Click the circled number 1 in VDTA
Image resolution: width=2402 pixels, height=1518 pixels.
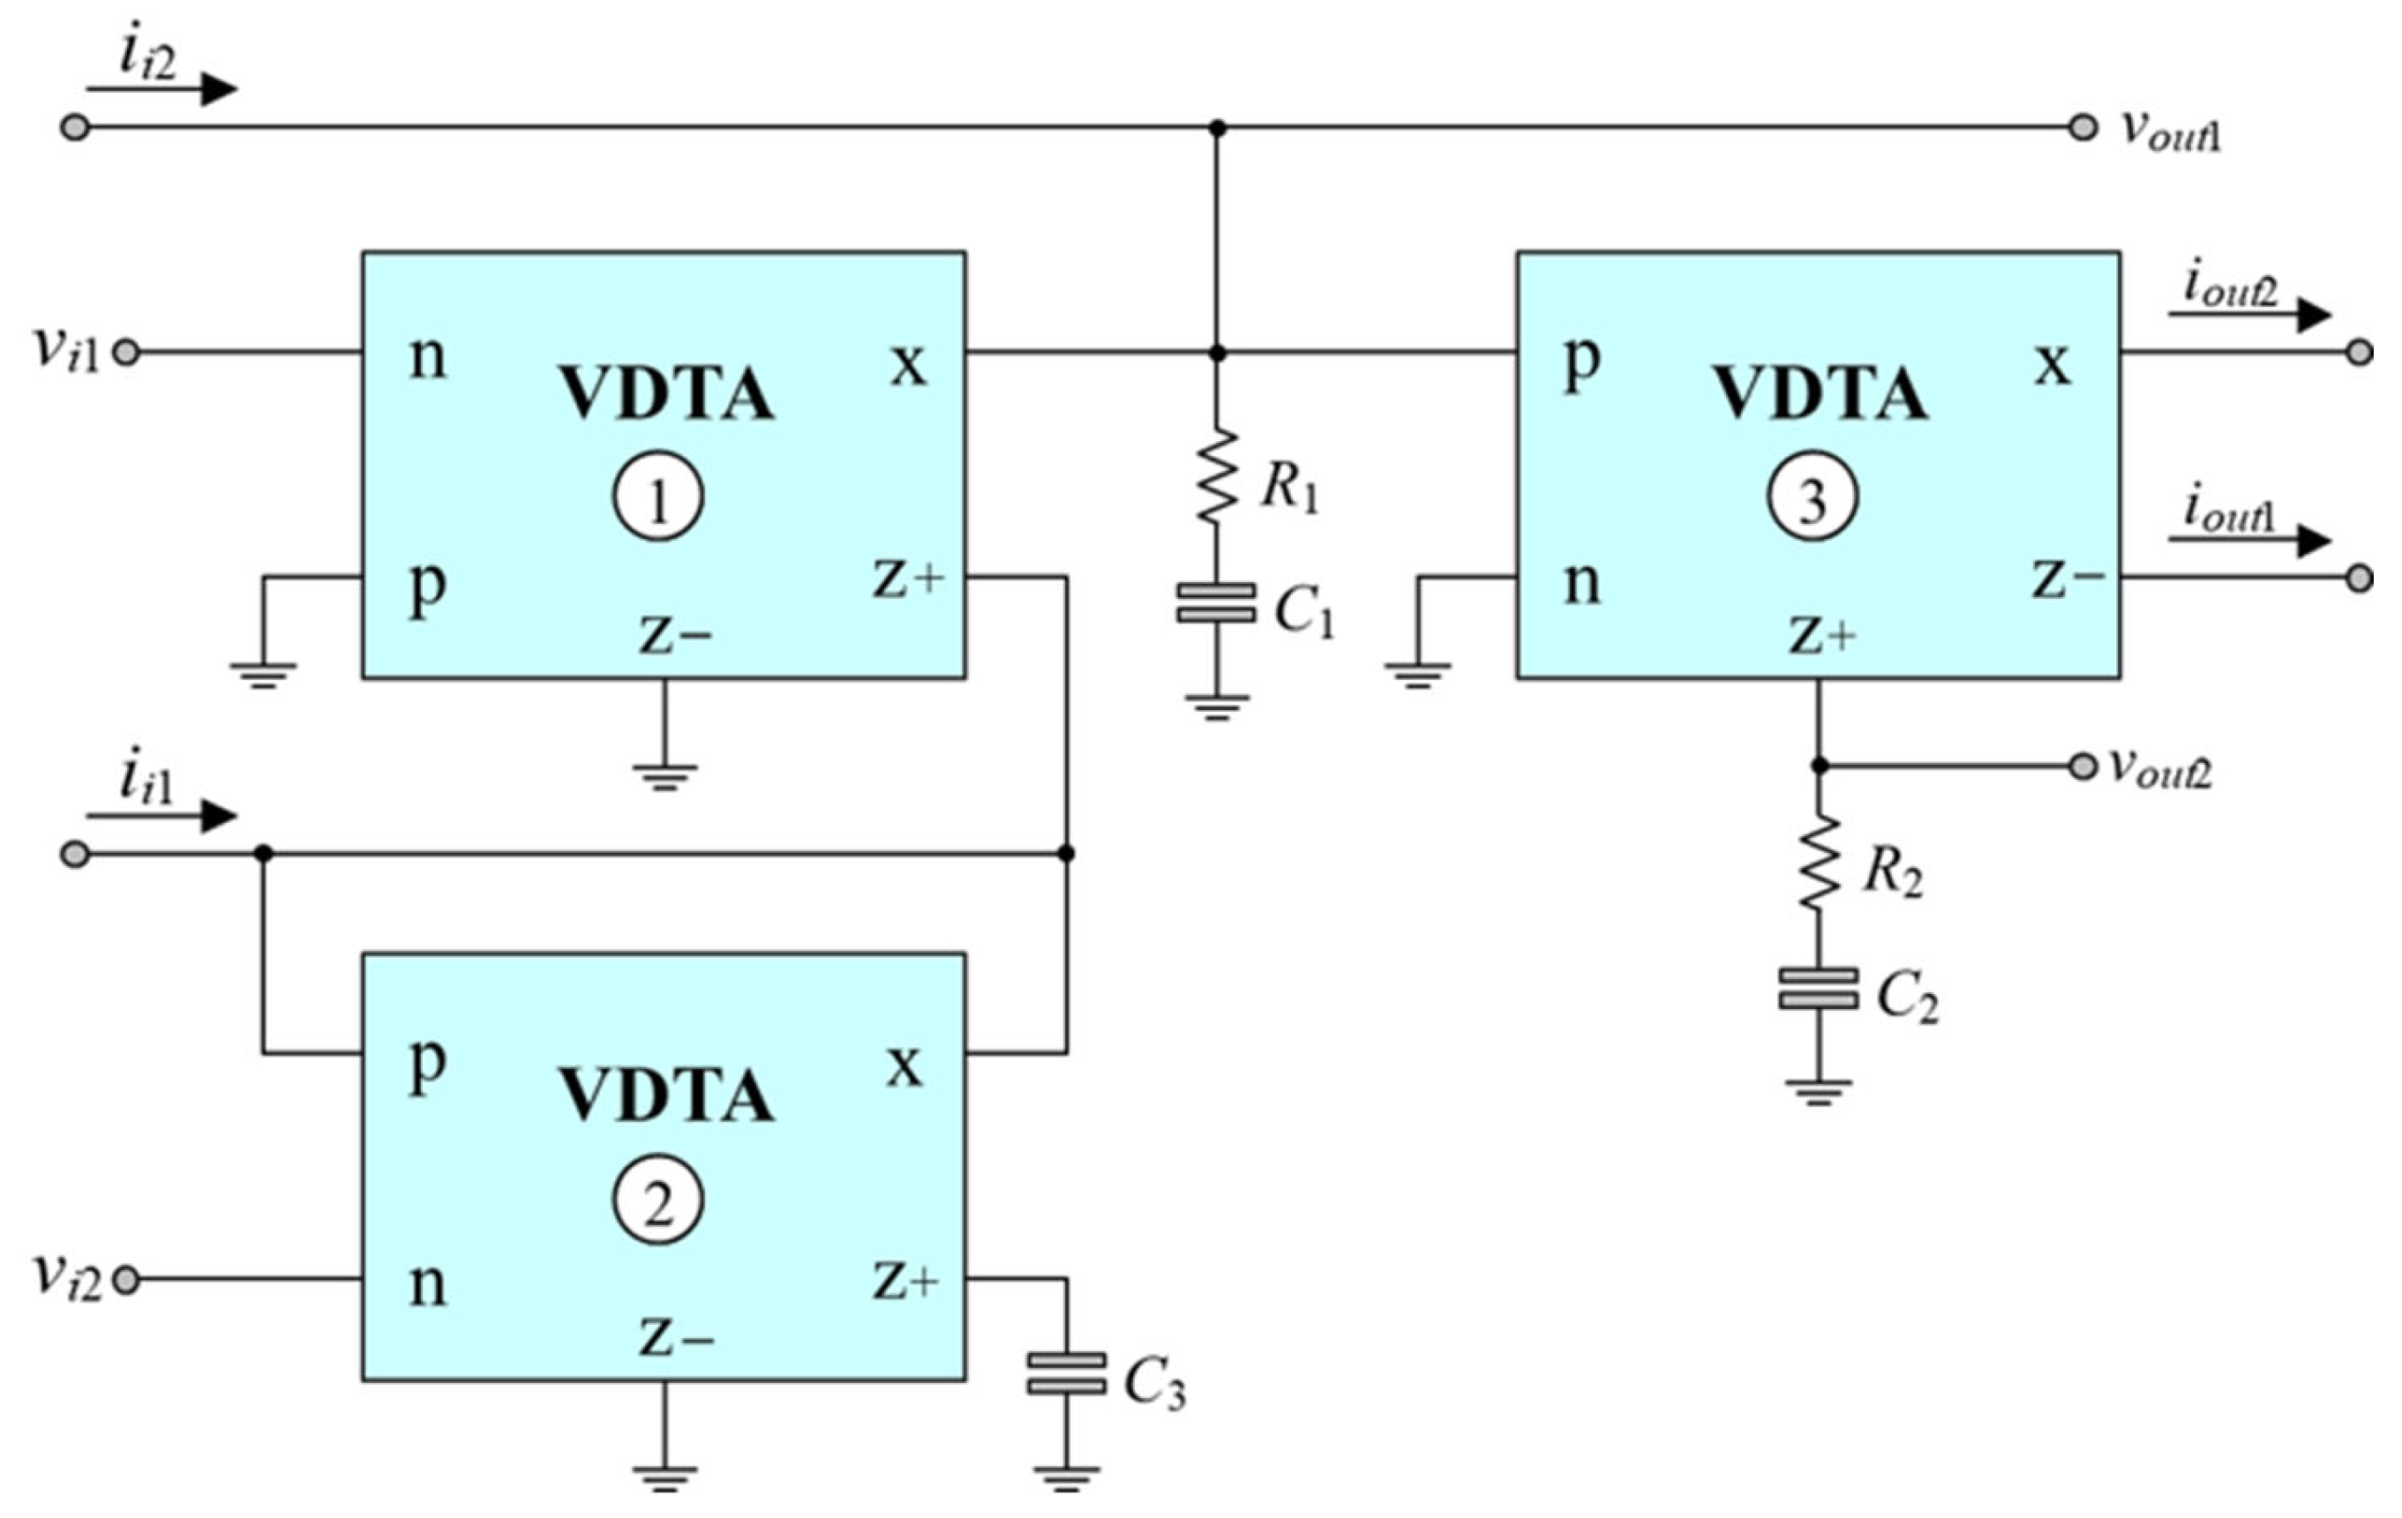click(658, 497)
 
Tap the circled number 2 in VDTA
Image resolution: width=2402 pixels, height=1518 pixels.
click(658, 1200)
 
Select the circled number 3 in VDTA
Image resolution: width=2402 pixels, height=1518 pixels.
click(1813, 497)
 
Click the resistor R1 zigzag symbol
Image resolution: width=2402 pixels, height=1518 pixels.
click(1216, 475)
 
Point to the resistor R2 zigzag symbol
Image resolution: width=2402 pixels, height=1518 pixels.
click(1819, 861)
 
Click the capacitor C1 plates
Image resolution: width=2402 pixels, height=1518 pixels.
click(1216, 603)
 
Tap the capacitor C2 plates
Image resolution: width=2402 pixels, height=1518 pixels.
click(1819, 987)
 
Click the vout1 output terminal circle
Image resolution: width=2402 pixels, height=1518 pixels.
click(2083, 128)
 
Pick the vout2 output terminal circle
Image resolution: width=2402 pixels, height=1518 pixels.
click(2083, 766)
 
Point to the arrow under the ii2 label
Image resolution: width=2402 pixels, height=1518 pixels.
click(161, 90)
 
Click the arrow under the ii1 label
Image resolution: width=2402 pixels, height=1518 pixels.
click(161, 817)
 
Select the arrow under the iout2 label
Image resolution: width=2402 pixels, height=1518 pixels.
click(2249, 316)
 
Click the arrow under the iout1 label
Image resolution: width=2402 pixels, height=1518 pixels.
click(2249, 542)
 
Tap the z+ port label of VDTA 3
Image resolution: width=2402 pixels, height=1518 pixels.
click(1822, 634)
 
